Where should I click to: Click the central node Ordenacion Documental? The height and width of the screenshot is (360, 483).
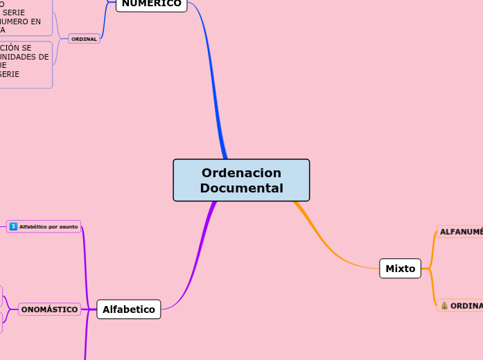tap(241, 180)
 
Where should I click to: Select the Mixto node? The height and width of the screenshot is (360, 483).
tap(400, 268)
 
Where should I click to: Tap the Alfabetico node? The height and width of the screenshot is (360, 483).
tap(129, 309)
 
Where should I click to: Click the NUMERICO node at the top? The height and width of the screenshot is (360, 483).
tap(151, 3)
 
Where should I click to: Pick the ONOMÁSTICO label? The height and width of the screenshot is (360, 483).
tap(49, 309)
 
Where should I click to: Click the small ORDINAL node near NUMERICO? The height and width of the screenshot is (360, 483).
tap(84, 39)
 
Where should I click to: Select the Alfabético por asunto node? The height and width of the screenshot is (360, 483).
tap(44, 226)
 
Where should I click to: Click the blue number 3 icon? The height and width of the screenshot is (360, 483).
tap(13, 226)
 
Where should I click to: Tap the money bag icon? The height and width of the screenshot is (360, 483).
tap(444, 305)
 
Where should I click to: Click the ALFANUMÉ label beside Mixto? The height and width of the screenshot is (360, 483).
tap(461, 232)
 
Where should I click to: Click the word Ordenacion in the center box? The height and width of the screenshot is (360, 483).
tap(241, 173)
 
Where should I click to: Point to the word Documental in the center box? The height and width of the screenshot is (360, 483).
tap(241, 188)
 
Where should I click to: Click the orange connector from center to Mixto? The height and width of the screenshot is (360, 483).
tap(326, 243)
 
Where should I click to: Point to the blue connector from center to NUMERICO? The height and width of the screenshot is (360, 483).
tap(211, 83)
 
